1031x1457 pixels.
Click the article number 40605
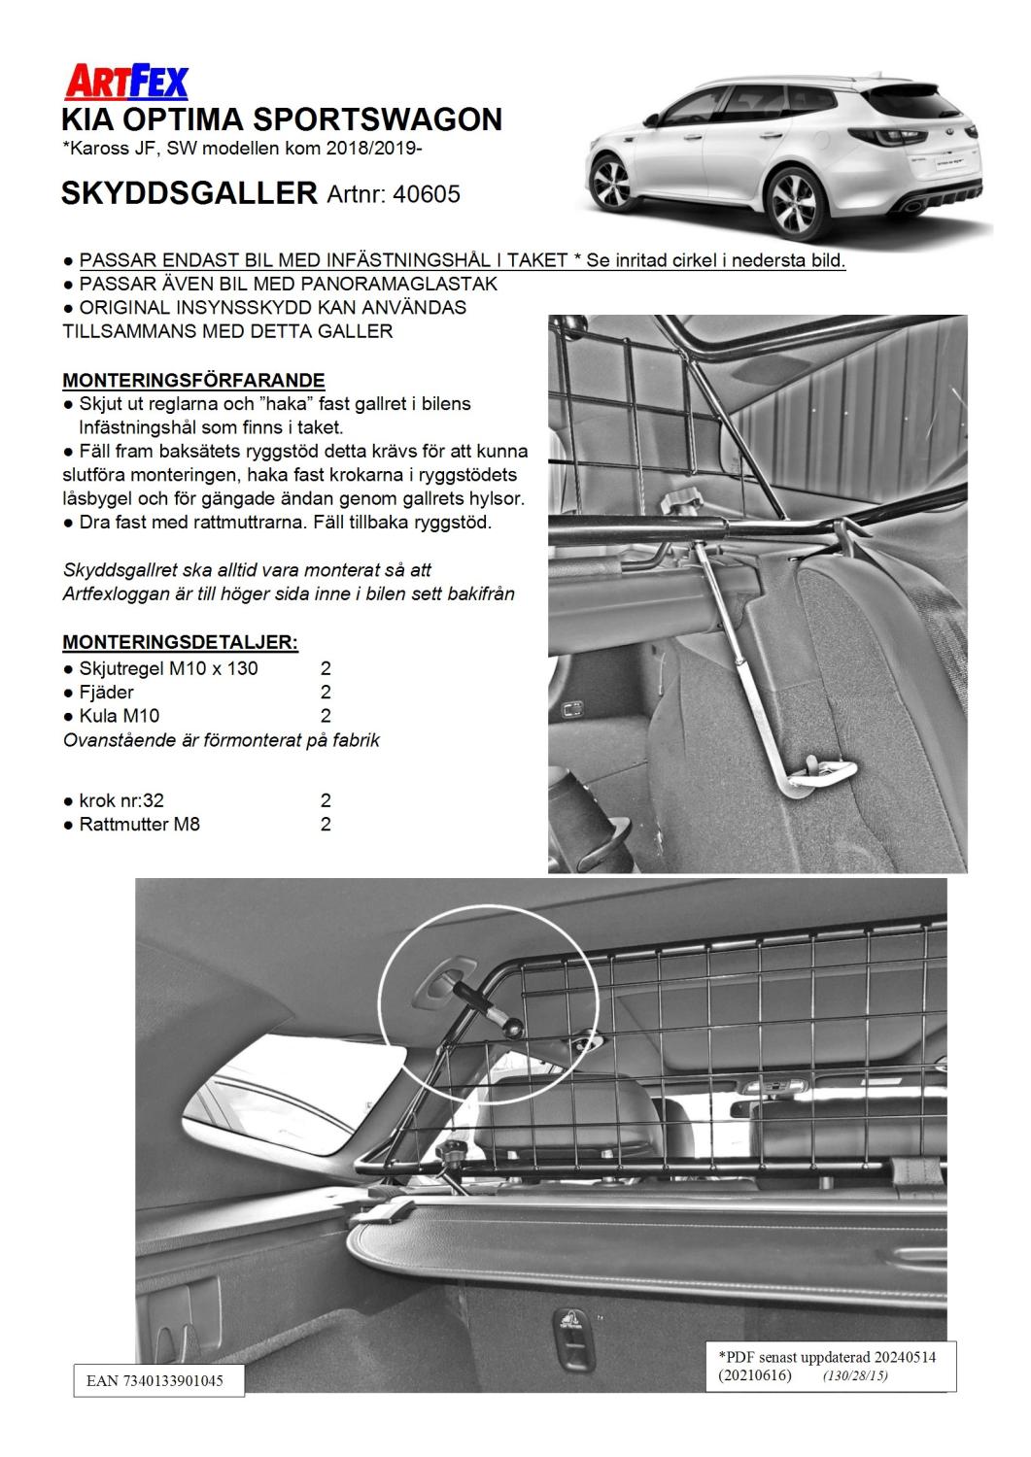click(427, 194)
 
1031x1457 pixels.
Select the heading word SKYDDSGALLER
click(189, 193)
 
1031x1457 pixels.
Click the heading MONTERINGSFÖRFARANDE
click(193, 380)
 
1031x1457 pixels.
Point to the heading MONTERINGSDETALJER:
click(180, 643)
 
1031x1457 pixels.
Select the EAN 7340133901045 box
click(158, 1380)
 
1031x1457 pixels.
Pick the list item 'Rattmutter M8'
click(139, 825)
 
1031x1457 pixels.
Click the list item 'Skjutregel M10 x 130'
click(168, 668)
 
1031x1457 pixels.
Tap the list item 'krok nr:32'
click(120, 801)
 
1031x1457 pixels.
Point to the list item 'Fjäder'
click(106, 693)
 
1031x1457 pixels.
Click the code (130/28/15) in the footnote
click(855, 1375)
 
